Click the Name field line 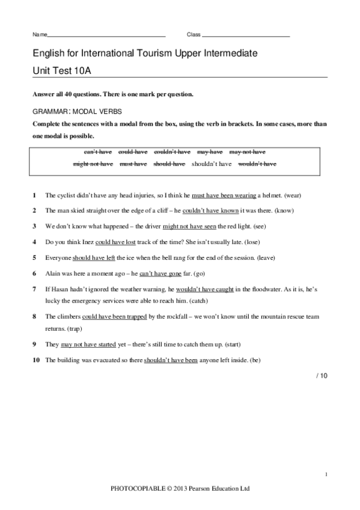coord(106,37)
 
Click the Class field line coord(246,37)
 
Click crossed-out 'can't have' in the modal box coord(97,152)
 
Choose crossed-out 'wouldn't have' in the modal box coord(257,164)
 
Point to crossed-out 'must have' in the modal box coord(133,164)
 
